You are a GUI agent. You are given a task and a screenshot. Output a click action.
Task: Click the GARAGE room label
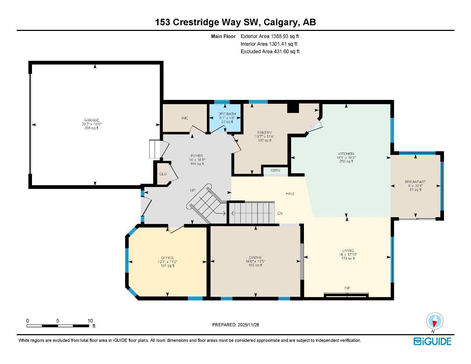pos(91,120)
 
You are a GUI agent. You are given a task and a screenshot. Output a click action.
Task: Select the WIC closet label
pos(184,118)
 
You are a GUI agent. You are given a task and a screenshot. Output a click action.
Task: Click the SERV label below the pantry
pos(275,171)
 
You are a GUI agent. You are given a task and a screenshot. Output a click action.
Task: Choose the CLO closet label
pos(163,174)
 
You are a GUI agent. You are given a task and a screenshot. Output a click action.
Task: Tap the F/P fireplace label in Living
pos(347,288)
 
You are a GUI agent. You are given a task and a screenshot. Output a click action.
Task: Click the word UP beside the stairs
pos(193,190)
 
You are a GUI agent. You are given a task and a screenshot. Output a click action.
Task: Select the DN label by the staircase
pos(280,213)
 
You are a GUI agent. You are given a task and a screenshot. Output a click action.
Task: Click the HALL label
pos(290,194)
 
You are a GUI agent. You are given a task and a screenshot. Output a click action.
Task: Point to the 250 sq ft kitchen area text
pos(346,161)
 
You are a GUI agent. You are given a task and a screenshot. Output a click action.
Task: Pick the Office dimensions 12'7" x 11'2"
pos(167,262)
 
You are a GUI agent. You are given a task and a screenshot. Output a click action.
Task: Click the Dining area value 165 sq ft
pos(255,265)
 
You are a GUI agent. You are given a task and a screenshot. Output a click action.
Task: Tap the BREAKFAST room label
pos(415,182)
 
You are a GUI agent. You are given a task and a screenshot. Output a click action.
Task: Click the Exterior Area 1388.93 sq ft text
pos(270,36)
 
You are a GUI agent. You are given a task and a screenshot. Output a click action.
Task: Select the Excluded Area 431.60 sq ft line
pos(270,52)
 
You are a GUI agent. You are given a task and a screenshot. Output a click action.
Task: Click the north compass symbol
pos(435,322)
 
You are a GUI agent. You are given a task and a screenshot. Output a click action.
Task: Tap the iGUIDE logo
pos(432,341)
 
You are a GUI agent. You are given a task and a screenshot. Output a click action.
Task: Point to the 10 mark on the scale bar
pos(90,320)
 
